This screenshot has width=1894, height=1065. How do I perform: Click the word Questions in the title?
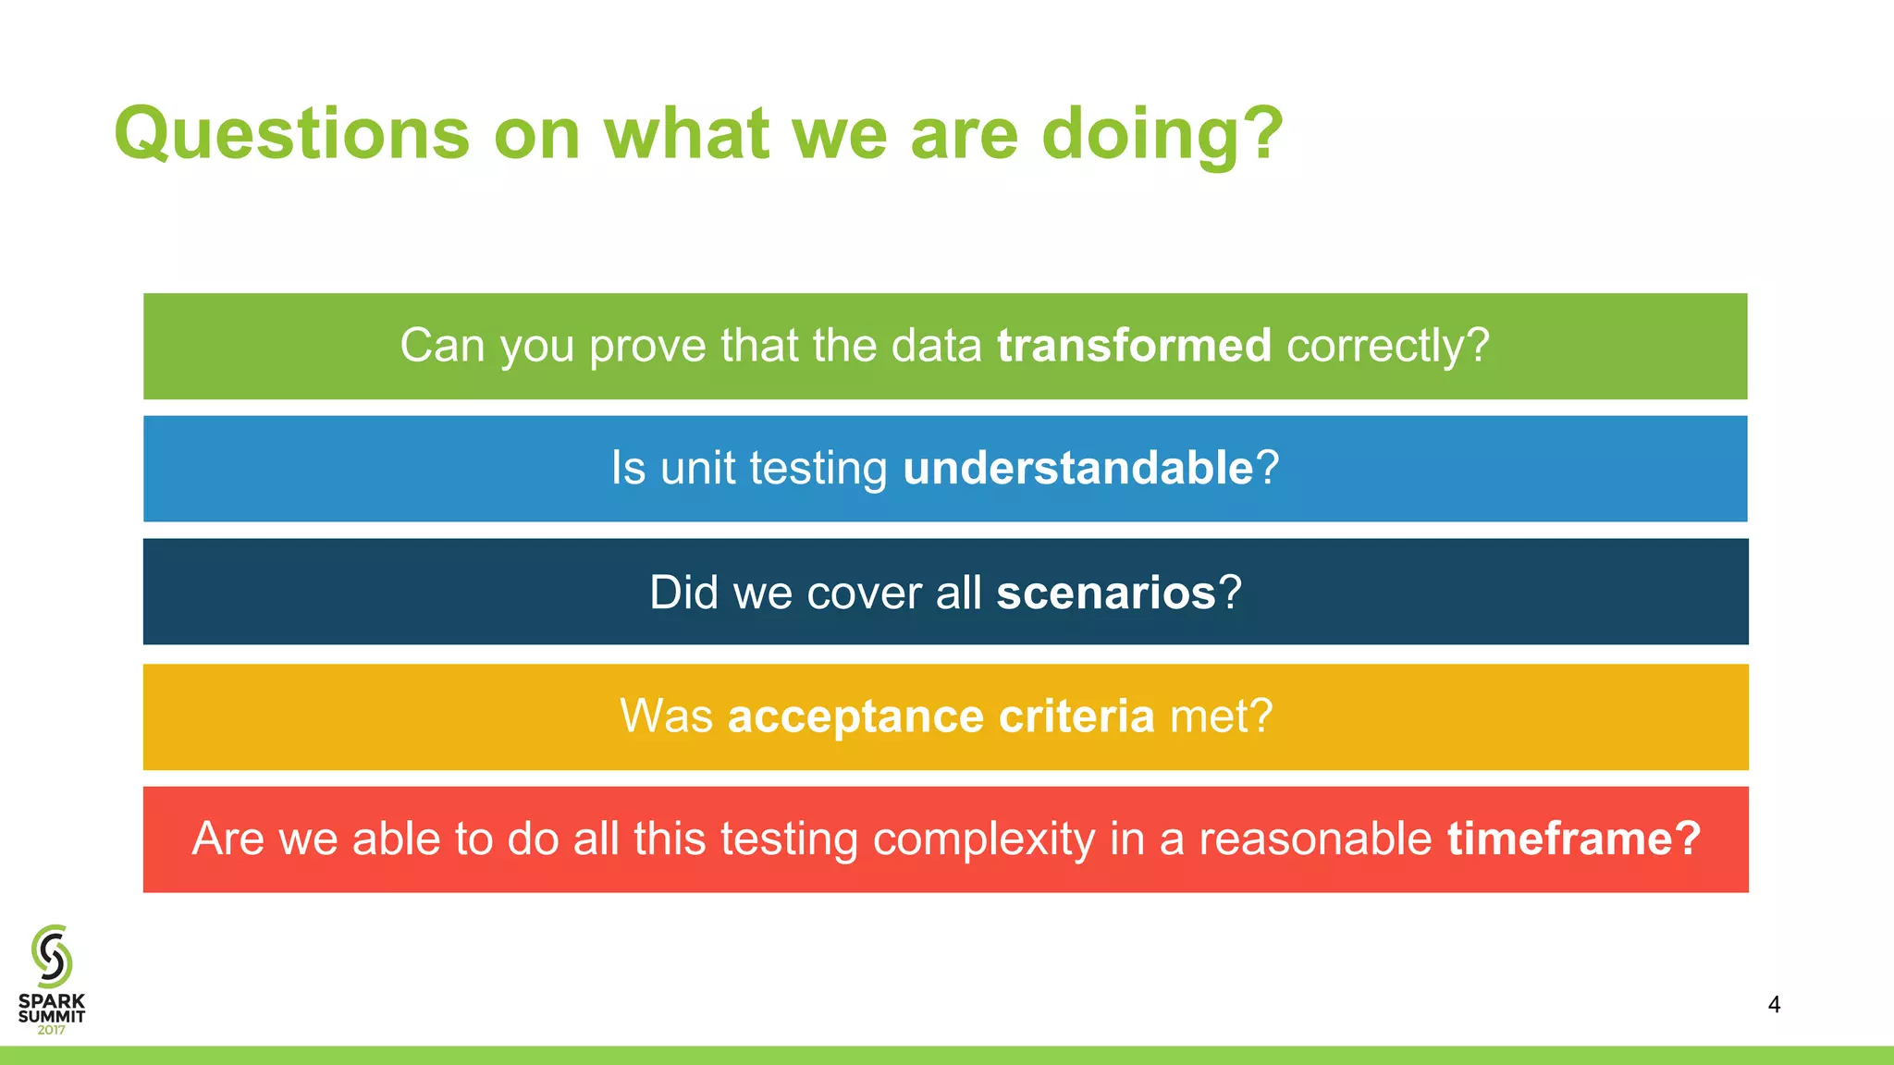pyautogui.click(x=291, y=134)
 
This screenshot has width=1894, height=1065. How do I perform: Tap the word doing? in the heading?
pyautogui.click(x=1162, y=134)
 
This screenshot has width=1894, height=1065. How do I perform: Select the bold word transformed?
pyautogui.click(x=1134, y=346)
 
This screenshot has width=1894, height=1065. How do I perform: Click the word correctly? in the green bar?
pyautogui.click(x=1387, y=346)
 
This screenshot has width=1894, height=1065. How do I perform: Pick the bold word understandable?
pyautogui.click(x=1077, y=468)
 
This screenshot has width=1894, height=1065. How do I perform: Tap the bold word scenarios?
pyautogui.click(x=1105, y=593)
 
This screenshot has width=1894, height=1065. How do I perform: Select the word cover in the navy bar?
pyautogui.click(x=863, y=593)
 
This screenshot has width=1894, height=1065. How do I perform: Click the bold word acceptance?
pyautogui.click(x=855, y=716)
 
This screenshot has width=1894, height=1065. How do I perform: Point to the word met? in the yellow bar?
pyautogui.click(x=1221, y=716)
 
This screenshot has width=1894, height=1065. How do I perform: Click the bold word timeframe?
pyautogui.click(x=1573, y=839)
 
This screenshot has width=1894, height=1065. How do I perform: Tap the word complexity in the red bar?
pyautogui.click(x=983, y=839)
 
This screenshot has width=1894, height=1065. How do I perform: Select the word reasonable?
pyautogui.click(x=1315, y=839)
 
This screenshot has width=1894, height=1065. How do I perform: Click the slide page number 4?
pyautogui.click(x=1773, y=1004)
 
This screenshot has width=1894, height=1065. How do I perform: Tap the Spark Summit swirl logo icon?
pyautogui.click(x=52, y=956)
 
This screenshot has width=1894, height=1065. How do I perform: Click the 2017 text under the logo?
pyautogui.click(x=52, y=1030)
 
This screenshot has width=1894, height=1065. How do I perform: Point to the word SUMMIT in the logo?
pyautogui.click(x=52, y=1016)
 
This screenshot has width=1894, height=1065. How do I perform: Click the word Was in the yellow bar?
pyautogui.click(x=666, y=716)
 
